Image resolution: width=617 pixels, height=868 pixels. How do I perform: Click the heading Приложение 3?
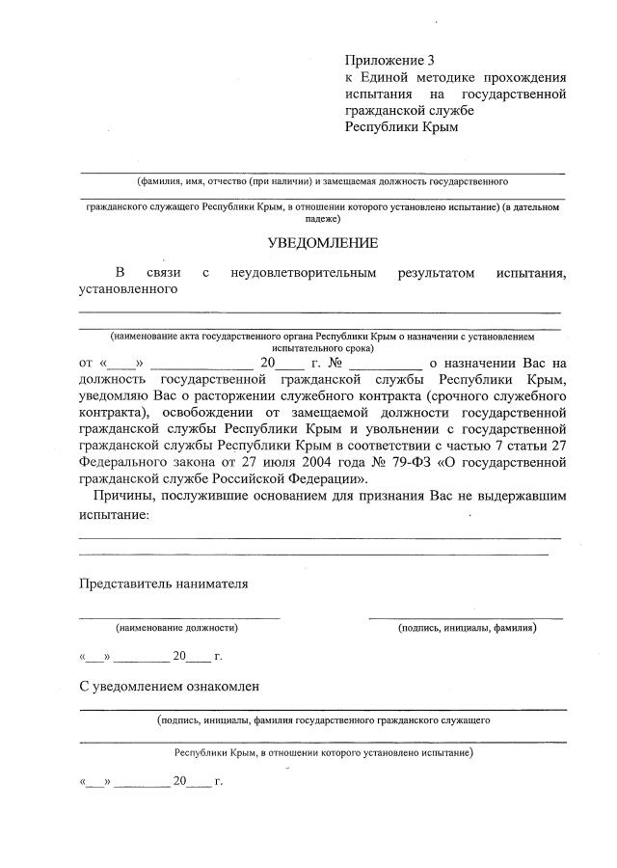384,60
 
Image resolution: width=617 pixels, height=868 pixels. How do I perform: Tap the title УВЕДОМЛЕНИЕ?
323,243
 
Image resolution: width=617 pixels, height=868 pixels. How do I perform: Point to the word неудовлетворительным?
303,273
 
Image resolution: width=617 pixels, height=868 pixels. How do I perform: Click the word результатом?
436,273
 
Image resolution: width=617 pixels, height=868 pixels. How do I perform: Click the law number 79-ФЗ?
413,461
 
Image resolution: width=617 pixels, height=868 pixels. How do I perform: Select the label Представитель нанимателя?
163,583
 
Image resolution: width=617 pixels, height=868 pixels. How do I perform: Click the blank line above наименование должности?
179,616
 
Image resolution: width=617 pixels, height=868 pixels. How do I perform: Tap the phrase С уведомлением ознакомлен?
169,686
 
